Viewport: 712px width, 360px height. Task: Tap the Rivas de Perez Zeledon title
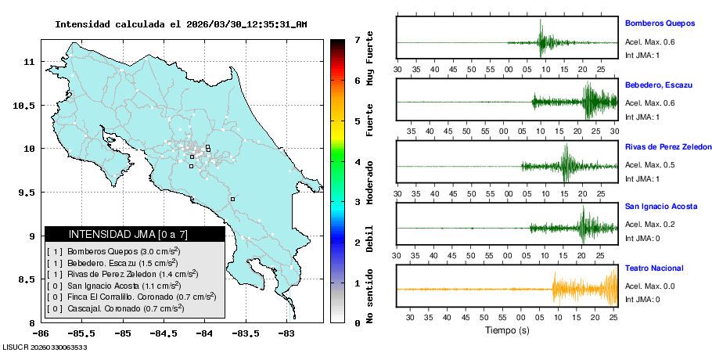point(668,146)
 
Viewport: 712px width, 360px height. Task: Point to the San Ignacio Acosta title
point(660,207)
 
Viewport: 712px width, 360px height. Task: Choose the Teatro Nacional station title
point(653,268)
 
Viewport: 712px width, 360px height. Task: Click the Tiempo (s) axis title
point(507,330)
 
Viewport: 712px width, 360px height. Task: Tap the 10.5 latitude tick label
point(24,105)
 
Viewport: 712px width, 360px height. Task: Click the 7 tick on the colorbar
point(357,39)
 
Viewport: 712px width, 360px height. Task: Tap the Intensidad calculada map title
point(181,24)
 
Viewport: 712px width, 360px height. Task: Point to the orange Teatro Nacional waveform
point(583,289)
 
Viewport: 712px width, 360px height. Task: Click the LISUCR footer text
point(45,346)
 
